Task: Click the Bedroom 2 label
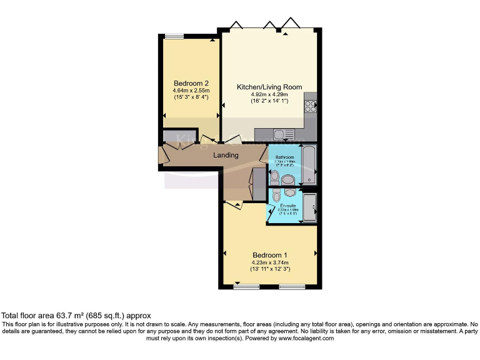pyautogui.click(x=191, y=83)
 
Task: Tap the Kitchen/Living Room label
pyautogui.click(x=269, y=87)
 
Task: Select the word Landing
pyautogui.click(x=226, y=155)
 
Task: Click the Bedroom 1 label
pyautogui.click(x=269, y=255)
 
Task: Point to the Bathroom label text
pyautogui.click(x=284, y=157)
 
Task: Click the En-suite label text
pyautogui.click(x=287, y=206)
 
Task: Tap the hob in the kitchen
pyautogui.click(x=310, y=107)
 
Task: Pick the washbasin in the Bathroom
pyautogui.click(x=288, y=180)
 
